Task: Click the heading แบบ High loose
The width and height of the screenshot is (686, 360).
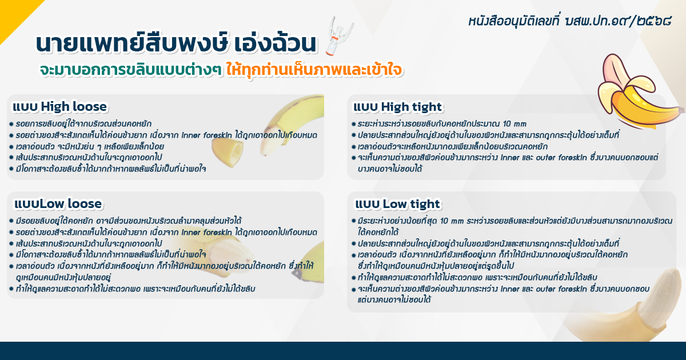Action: pos(59,107)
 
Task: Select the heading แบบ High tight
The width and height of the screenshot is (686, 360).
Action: pos(397,107)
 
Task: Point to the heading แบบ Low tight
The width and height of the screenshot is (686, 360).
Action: pos(397,204)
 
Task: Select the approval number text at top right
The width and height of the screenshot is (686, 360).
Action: pos(569,21)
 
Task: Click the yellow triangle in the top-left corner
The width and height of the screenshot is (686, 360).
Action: pos(11,11)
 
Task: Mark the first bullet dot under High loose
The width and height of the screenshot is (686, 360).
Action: pos(11,124)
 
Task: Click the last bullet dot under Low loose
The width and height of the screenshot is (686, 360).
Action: pos(11,289)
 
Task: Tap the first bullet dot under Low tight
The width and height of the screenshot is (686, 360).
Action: pos(353,221)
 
